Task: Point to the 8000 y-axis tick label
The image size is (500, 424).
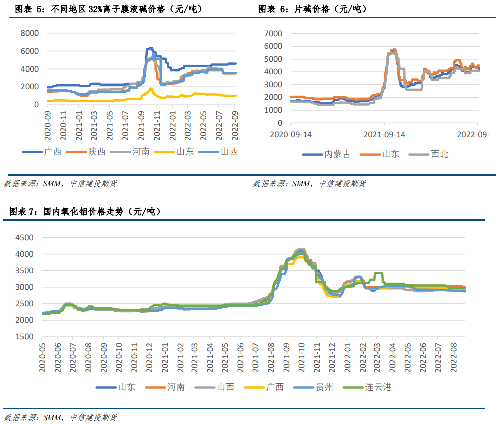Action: click(x=29, y=33)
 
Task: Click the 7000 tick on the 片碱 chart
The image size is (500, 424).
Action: click(x=273, y=34)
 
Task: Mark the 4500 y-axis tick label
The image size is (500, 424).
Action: click(x=24, y=238)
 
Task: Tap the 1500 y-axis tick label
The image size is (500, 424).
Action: click(x=24, y=336)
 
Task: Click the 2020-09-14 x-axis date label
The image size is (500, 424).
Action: click(x=290, y=134)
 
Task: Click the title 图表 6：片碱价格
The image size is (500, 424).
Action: click(x=312, y=9)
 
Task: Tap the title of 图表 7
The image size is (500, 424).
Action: click(x=85, y=212)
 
